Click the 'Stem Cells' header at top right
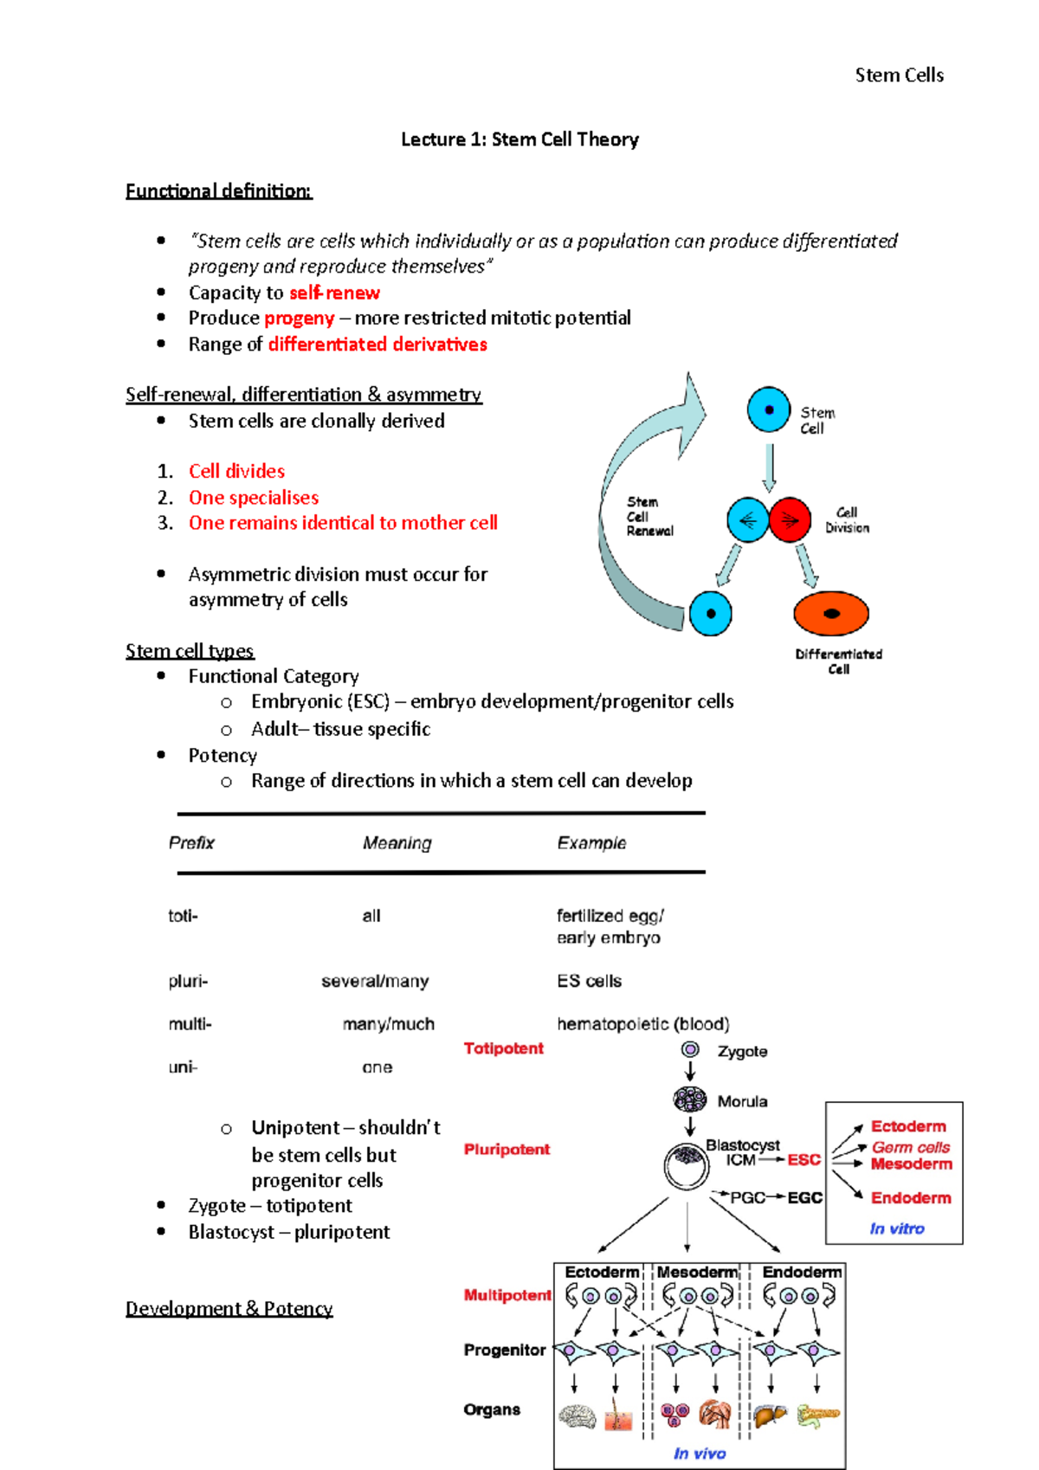pos(899,75)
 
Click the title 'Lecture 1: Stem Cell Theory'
pos(519,139)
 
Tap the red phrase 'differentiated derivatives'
pos(378,344)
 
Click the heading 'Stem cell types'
pos(190,650)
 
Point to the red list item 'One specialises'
pos(254,497)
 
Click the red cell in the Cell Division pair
pos(790,519)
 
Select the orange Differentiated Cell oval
pos(830,614)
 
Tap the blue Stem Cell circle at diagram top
pos(768,409)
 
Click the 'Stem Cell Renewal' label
pos(649,516)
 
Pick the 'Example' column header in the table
pos(591,842)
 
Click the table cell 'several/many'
pos(375,981)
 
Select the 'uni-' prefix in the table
pos(183,1067)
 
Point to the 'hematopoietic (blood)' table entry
pos(642,1023)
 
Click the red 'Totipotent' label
pos(503,1048)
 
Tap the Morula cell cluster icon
pos(689,1099)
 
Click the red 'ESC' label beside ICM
pos(803,1159)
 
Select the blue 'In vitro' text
pos(896,1228)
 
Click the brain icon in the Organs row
pos(578,1416)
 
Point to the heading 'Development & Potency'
pos(229,1307)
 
